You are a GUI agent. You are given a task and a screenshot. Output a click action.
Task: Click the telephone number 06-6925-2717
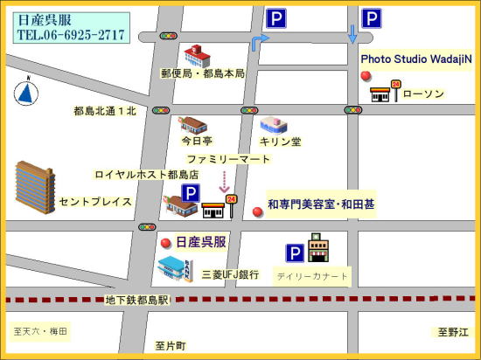[70, 36]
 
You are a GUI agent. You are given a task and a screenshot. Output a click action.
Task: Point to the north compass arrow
[27, 91]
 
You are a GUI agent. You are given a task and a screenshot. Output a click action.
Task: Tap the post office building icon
[198, 55]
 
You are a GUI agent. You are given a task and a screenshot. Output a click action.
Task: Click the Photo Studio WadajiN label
[416, 59]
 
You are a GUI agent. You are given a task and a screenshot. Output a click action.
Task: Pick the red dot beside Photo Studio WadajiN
[366, 76]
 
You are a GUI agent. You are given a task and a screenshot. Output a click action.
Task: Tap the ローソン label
[424, 93]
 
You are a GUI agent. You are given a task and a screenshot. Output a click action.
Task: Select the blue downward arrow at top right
[352, 33]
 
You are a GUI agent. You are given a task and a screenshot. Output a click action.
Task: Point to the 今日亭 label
[197, 141]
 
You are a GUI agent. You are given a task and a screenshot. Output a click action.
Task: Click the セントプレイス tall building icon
[34, 187]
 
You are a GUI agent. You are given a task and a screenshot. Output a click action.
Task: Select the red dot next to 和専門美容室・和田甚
[257, 211]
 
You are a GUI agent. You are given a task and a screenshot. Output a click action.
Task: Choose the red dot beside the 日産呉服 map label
[165, 242]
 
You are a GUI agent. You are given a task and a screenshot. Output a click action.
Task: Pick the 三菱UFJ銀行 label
[230, 275]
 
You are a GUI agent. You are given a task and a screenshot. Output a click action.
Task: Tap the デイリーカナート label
[312, 277]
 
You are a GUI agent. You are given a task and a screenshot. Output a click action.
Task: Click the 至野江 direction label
[454, 332]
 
